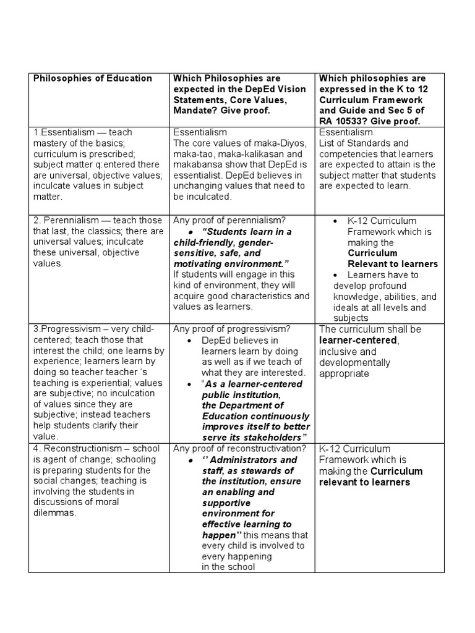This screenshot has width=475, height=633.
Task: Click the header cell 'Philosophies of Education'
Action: point(92,79)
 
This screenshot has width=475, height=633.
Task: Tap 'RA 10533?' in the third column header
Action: point(344,121)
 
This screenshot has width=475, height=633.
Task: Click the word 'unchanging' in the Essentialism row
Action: point(199,185)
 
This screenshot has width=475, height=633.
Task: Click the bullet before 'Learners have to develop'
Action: point(335,275)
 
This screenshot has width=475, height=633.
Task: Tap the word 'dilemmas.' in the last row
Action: point(54,512)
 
